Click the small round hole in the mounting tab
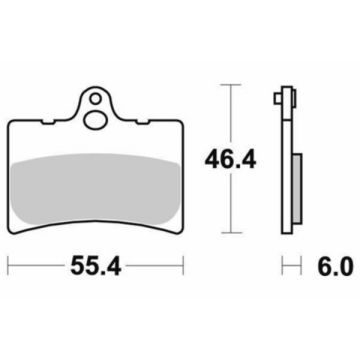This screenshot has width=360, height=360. pyautogui.click(x=97, y=100)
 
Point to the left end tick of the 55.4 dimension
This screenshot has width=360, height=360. pyautogui.click(x=9, y=267)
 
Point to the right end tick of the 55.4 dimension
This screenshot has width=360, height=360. pyautogui.click(x=186, y=267)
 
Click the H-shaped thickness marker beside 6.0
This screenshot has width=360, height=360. pyautogui.click(x=291, y=267)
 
